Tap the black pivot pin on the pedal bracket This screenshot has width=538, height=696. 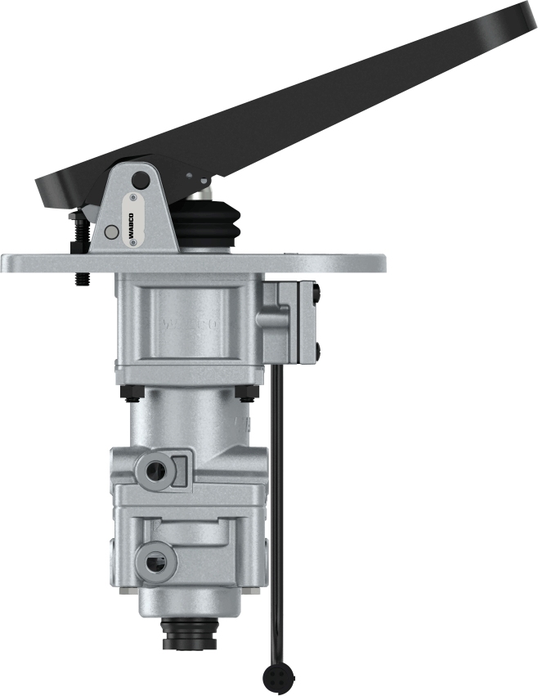pos(141,180)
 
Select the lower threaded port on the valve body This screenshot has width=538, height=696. pos(153,560)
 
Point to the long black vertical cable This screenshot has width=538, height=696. pos(278,507)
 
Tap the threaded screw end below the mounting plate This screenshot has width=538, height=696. pos(82,279)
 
